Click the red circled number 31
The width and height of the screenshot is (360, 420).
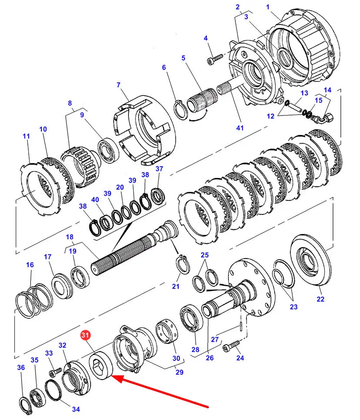(x=85, y=335)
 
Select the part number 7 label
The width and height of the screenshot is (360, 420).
(x=118, y=85)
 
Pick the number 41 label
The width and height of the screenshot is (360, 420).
(x=240, y=128)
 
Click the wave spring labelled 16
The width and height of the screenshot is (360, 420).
(x=34, y=300)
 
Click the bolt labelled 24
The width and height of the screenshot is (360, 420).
(x=231, y=346)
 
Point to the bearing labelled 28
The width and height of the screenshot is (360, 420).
(x=192, y=318)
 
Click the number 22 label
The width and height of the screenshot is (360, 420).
(x=320, y=299)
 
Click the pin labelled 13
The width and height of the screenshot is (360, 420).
(x=296, y=107)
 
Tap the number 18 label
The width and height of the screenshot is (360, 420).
(x=70, y=237)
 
